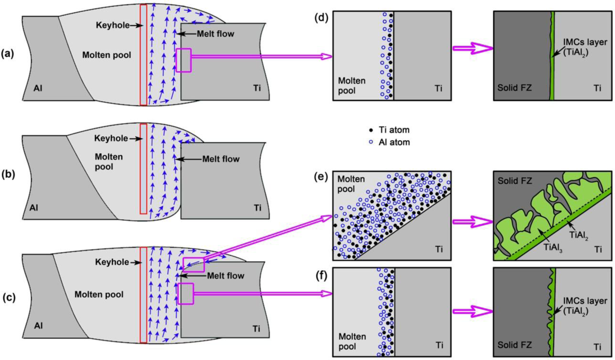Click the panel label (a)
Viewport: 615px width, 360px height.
pyautogui.click(x=8, y=54)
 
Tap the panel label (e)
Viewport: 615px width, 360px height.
pyautogui.click(x=321, y=177)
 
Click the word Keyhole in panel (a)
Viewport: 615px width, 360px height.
pyautogui.click(x=113, y=25)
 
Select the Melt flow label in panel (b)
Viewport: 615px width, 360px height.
pyautogui.click(x=221, y=159)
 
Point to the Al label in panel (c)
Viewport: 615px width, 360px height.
pyautogui.click(x=38, y=326)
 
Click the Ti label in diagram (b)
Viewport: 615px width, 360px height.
pyautogui.click(x=258, y=208)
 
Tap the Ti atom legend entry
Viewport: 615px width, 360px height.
pyautogui.click(x=389, y=130)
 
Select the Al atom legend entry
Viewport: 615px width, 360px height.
pyautogui.click(x=389, y=142)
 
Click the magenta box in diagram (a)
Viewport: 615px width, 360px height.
pyautogui.click(x=184, y=60)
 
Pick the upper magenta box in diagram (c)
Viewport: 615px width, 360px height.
pyautogui.click(x=193, y=264)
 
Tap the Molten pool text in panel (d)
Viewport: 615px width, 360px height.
pyautogui.click(x=351, y=86)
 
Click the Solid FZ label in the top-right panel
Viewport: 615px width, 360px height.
pyautogui.click(x=514, y=87)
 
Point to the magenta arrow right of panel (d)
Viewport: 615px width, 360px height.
pyautogui.click(x=472, y=48)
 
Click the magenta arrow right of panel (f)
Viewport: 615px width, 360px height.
pyautogui.click(x=472, y=311)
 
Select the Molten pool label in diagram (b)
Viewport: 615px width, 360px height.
pyautogui.click(x=108, y=162)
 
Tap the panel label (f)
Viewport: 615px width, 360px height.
pyautogui.click(x=321, y=276)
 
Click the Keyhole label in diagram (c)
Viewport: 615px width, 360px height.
pyautogui.click(x=112, y=262)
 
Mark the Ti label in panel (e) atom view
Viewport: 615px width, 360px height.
pyautogui.click(x=439, y=249)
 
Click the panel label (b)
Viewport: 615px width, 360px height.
pyautogui.click(x=8, y=174)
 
